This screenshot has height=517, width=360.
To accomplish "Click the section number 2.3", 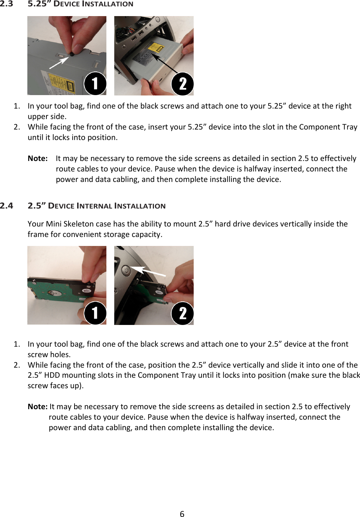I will coord(6,4).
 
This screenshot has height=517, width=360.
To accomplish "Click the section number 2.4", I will coord(6,206).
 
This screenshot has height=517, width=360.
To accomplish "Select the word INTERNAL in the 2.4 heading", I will coord(94,206).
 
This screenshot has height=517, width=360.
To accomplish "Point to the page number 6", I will coord(182,514).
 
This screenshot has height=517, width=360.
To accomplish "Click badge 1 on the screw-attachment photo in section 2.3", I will coord(95,83).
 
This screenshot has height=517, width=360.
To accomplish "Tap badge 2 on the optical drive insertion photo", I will coord(182,83).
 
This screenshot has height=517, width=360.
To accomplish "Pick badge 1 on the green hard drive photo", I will coord(95,313).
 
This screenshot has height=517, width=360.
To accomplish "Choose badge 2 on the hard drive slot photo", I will coord(182,313).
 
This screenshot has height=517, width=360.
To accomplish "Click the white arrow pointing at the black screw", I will coord(59,63).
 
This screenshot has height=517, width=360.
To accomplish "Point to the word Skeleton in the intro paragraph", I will coord(79,224).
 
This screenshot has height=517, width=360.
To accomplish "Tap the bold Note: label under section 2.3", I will coord(37,158).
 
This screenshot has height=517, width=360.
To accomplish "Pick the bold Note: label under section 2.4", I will coord(37,407).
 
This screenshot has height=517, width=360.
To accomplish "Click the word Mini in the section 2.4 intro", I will coord(54,224).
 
